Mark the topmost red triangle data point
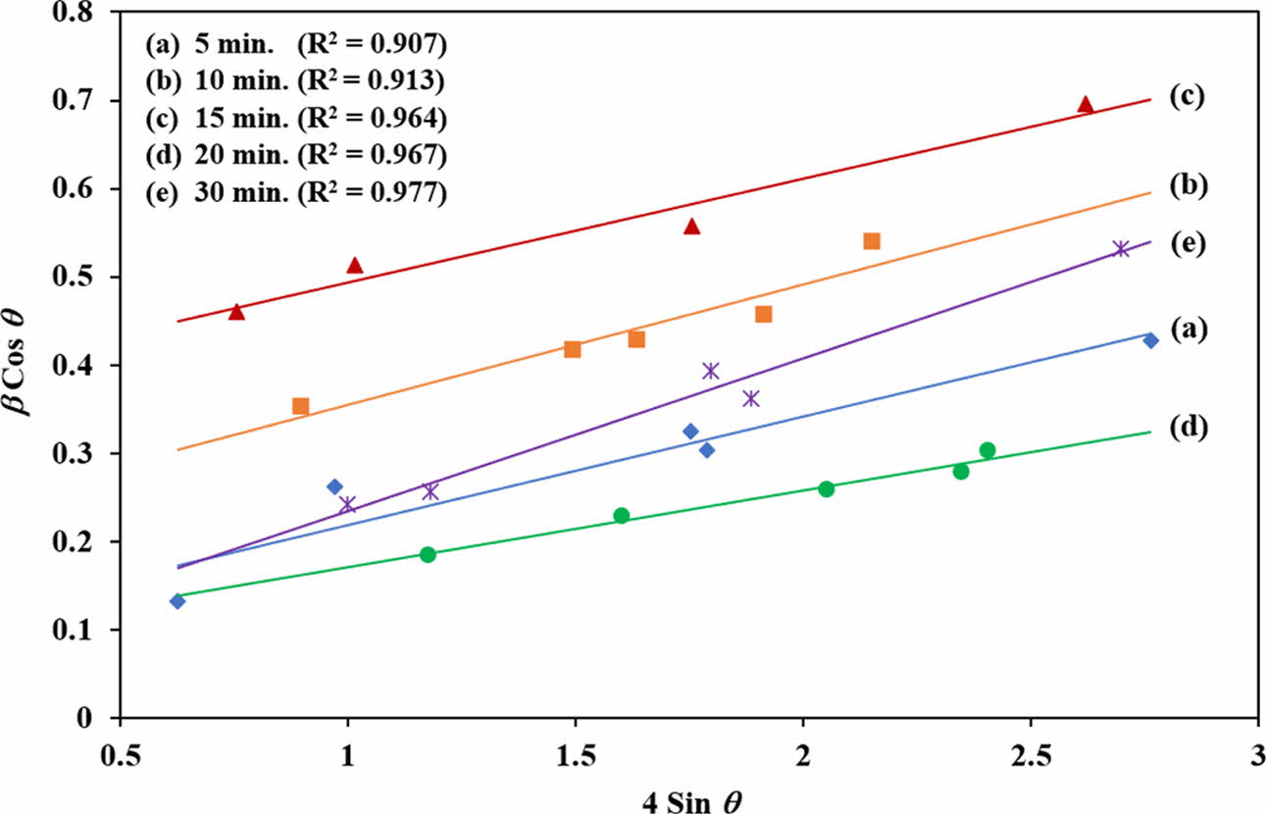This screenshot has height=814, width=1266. [1085, 105]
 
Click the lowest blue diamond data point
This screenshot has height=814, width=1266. [177, 601]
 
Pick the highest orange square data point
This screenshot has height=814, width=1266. [872, 241]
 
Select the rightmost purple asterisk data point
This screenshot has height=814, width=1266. [1121, 249]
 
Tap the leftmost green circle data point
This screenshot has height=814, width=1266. [428, 554]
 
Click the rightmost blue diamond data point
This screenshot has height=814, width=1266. [1151, 340]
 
